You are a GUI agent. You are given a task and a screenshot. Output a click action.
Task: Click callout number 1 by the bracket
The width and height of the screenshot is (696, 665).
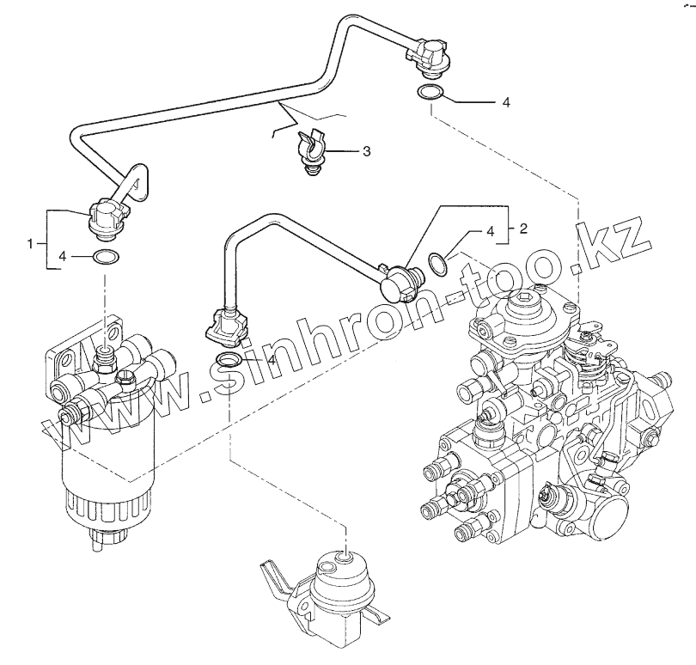point(31,244)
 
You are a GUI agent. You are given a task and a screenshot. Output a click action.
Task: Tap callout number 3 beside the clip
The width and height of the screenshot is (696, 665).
point(366,152)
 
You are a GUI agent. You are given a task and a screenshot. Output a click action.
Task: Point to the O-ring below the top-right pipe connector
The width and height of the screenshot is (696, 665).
point(430,93)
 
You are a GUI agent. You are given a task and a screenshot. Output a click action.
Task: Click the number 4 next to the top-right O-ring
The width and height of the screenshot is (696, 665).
point(506,102)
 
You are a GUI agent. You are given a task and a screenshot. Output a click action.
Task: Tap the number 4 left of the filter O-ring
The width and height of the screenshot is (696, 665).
point(62,256)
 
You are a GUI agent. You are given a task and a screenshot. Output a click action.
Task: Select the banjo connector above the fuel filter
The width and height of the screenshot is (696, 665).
point(109,215)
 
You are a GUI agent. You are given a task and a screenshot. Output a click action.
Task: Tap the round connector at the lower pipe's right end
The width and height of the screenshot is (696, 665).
point(400,280)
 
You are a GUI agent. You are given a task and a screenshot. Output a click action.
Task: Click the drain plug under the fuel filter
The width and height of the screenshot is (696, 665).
point(102,540)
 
